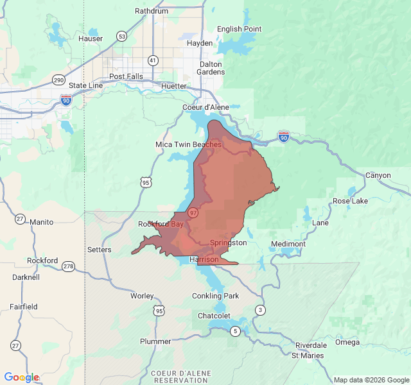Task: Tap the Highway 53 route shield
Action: pyautogui.click(x=121, y=36)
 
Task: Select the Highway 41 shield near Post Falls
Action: pyautogui.click(x=152, y=60)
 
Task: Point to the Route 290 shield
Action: pyautogui.click(x=58, y=80)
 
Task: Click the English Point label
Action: pyautogui.click(x=239, y=29)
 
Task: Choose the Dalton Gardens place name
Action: pyautogui.click(x=211, y=68)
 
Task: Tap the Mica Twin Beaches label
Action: pyautogui.click(x=188, y=144)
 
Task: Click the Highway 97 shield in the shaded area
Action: pyautogui.click(x=193, y=212)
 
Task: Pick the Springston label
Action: pyautogui.click(x=228, y=243)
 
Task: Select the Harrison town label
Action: pyautogui.click(x=204, y=259)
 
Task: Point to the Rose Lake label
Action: pyautogui.click(x=350, y=201)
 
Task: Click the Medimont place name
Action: pyautogui.click(x=288, y=244)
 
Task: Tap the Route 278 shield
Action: pyautogui.click(x=69, y=266)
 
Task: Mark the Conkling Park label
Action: pyautogui.click(x=215, y=296)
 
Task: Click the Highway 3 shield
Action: pyautogui.click(x=260, y=311)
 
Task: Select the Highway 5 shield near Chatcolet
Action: pyautogui.click(x=236, y=331)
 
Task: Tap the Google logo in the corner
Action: pyautogui.click(x=21, y=377)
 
